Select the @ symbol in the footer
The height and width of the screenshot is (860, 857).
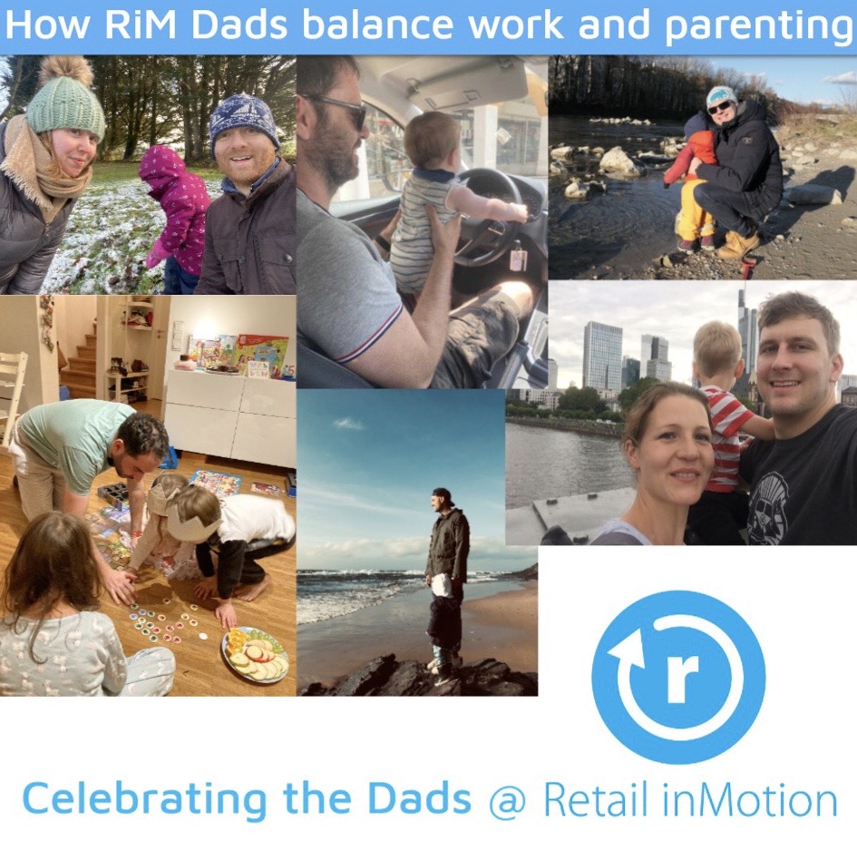point(507,803)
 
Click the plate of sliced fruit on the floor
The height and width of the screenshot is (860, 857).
point(255,655)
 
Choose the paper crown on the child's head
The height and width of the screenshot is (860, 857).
point(190,520)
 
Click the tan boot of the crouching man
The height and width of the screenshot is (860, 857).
point(738,246)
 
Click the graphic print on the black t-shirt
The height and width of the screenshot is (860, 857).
point(767,507)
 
